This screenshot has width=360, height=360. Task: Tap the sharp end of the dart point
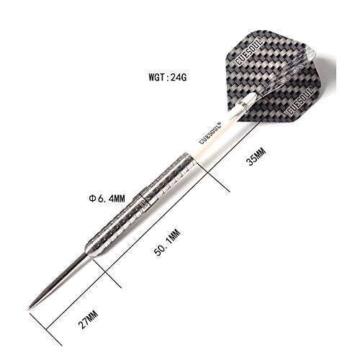click(30, 310)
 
